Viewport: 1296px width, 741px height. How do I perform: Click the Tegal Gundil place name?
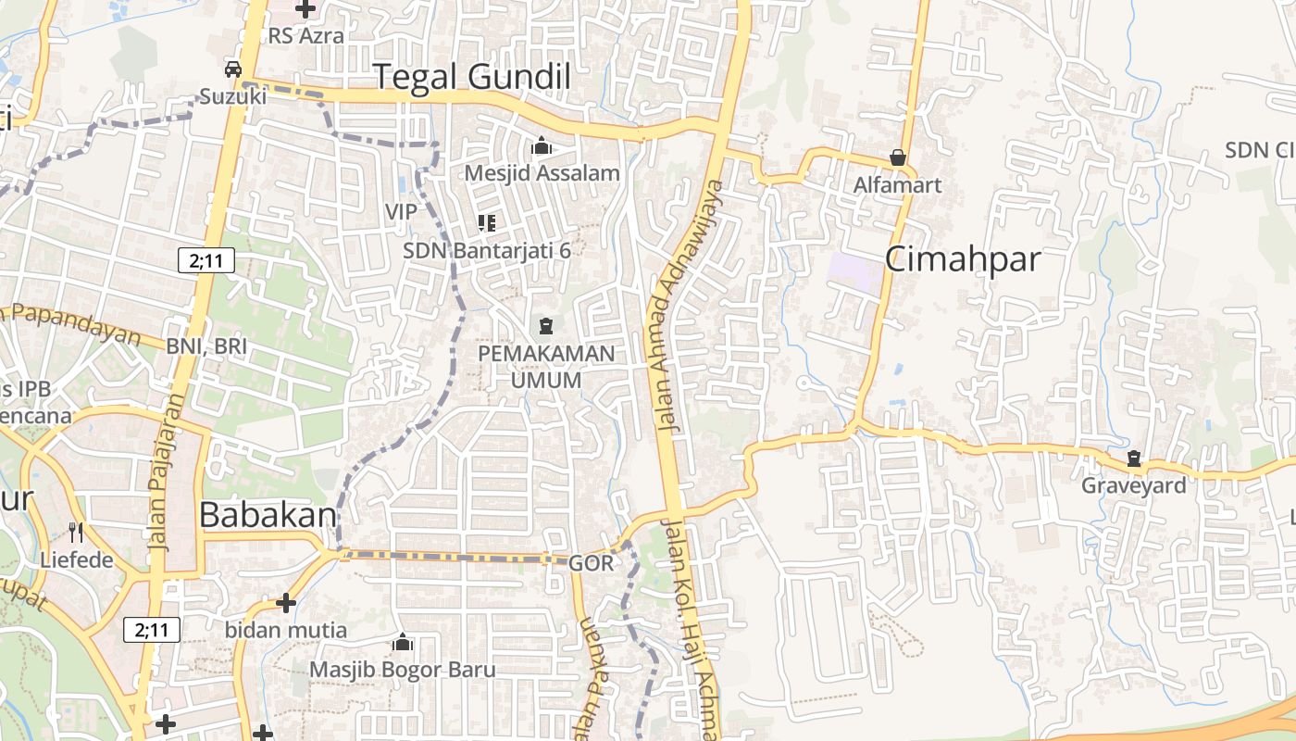coord(471,77)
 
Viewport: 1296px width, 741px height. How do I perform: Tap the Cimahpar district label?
coord(963,259)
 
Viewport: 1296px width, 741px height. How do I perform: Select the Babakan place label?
coord(268,515)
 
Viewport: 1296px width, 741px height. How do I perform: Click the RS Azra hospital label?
coord(305,36)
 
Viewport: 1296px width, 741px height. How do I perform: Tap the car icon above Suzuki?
coord(232,69)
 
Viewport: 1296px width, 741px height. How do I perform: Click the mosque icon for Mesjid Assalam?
coord(541,146)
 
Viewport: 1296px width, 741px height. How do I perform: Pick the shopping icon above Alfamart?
coord(897,157)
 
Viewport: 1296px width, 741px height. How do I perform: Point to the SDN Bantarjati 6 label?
coord(487,250)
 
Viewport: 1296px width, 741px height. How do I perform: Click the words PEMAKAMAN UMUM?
coord(545,367)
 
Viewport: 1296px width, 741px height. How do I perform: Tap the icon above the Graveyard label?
coord(1134,458)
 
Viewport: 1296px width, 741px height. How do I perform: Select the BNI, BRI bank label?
coord(206,345)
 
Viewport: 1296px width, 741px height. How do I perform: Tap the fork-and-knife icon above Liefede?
coord(76,533)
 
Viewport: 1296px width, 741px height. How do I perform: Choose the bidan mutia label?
coord(286,630)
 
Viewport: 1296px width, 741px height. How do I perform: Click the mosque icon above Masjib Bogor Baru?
coord(403,642)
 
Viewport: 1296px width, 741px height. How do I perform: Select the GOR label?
coord(591,562)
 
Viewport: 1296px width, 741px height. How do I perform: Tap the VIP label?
coord(401,212)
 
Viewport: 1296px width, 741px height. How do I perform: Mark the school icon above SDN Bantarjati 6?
coord(486,222)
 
